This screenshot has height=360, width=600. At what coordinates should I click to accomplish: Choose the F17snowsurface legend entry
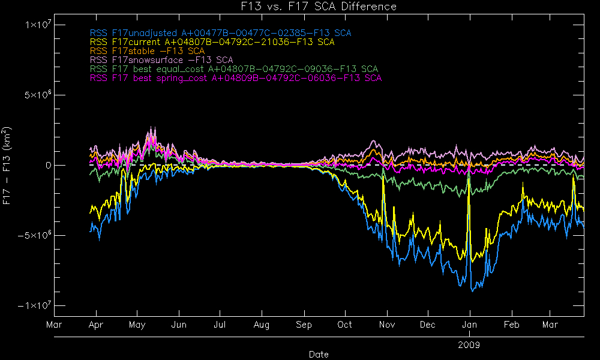coord(161,60)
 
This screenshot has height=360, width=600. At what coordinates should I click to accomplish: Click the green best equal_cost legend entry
coord(233,69)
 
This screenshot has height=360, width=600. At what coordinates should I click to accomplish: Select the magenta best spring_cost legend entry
coord(235,78)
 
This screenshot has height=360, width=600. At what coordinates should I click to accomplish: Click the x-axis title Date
coord(319,354)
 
